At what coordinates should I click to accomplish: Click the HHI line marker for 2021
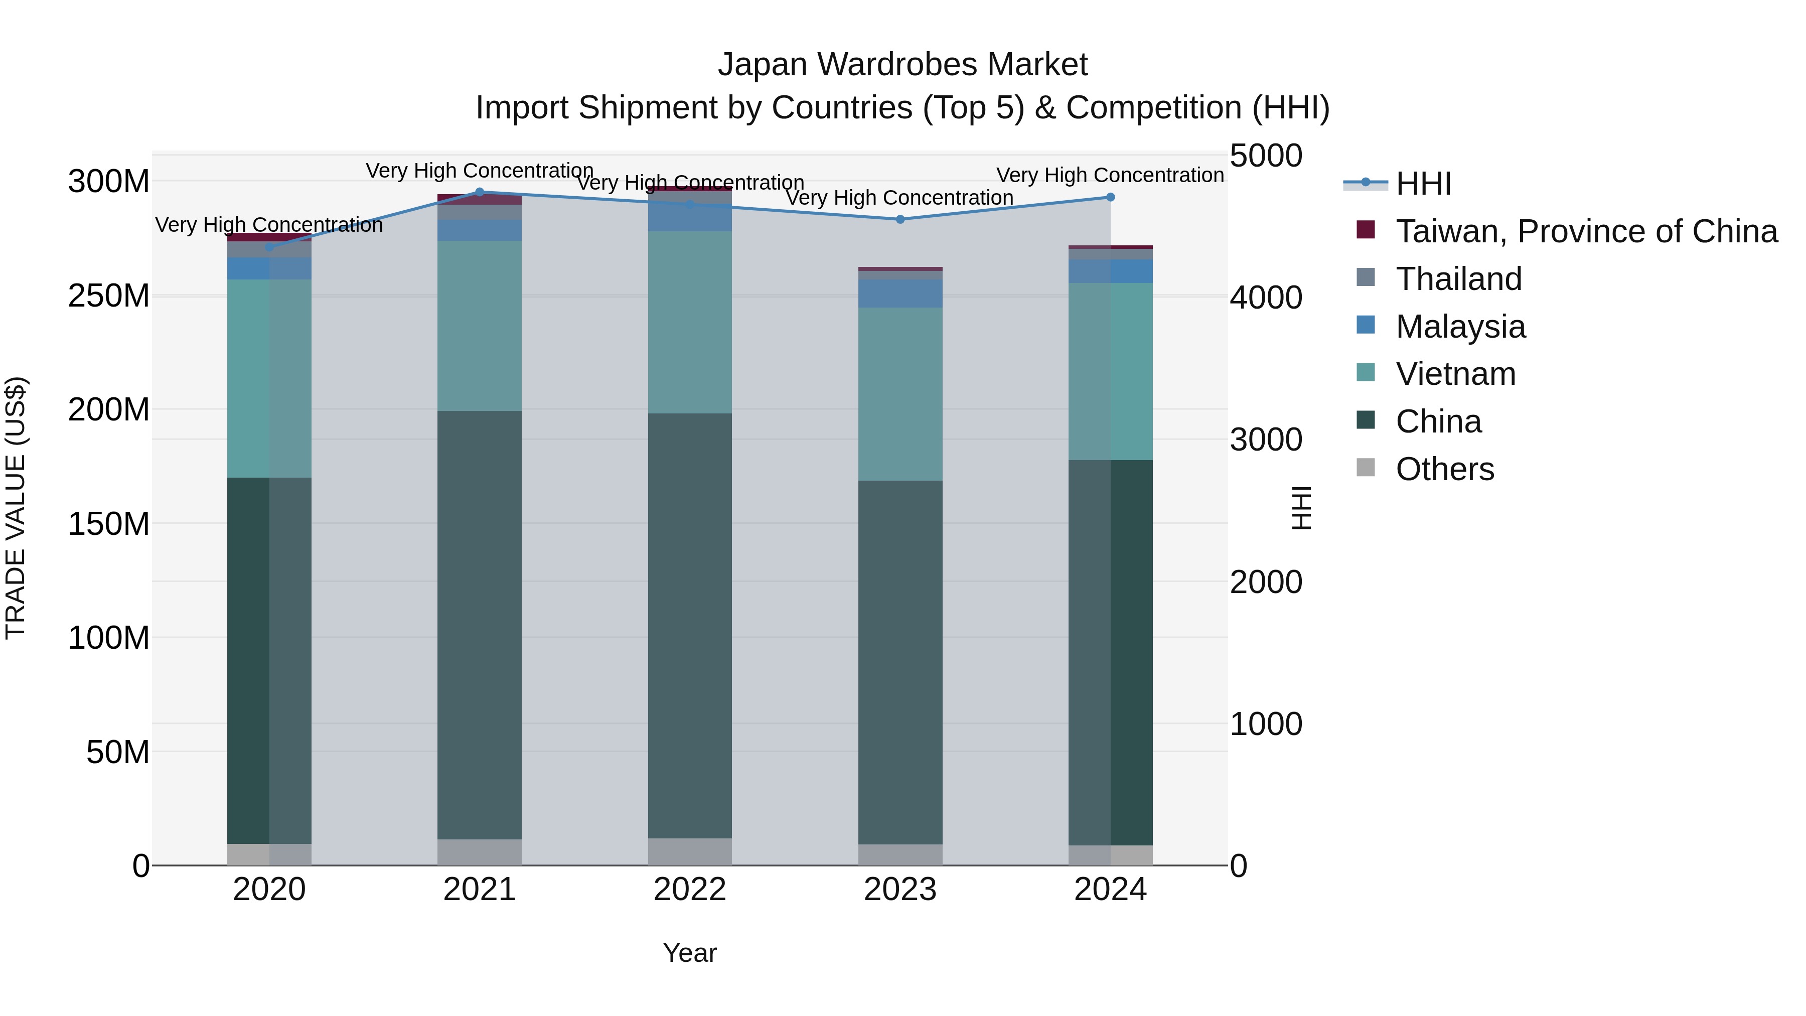(480, 192)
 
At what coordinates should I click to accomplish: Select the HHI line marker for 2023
(900, 219)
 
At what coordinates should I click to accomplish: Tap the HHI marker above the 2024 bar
(1111, 198)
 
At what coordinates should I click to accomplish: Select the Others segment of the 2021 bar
(480, 852)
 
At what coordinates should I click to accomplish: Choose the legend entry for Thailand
(1458, 279)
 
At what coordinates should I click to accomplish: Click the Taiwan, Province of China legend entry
(1586, 231)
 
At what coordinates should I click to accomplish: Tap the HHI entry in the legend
(1423, 184)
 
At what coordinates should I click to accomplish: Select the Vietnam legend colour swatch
(1366, 372)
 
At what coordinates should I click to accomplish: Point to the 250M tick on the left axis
(109, 296)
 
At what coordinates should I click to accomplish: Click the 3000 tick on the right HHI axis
(1266, 440)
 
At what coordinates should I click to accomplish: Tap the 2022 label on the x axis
(690, 890)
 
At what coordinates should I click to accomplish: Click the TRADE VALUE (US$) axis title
(16, 508)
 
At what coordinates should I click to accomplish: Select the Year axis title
(690, 953)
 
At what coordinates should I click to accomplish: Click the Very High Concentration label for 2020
(269, 225)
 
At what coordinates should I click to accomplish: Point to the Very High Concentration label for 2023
(899, 198)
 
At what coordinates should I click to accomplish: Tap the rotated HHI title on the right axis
(1301, 508)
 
